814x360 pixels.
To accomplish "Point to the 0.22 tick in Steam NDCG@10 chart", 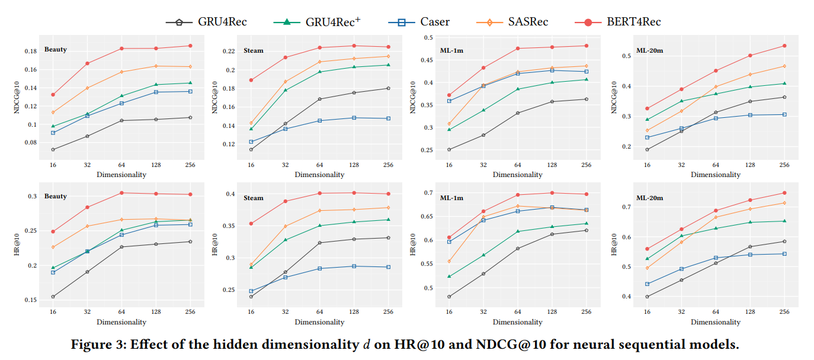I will click(228, 52).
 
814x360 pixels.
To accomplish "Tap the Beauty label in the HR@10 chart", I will click(55, 196).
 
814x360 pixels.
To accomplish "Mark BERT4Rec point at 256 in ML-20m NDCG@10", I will click(784, 46).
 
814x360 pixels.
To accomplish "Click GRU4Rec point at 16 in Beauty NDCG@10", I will click(53, 149).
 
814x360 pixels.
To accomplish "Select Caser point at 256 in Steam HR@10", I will click(388, 267).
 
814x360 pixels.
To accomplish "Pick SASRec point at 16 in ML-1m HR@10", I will click(448, 261).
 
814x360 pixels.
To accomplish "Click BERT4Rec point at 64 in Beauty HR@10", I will click(121, 193).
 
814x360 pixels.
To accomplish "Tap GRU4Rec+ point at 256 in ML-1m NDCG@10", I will click(586, 79).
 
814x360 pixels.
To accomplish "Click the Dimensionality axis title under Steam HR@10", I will click(319, 322).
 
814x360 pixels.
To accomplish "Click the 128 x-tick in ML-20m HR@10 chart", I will click(749, 312).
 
